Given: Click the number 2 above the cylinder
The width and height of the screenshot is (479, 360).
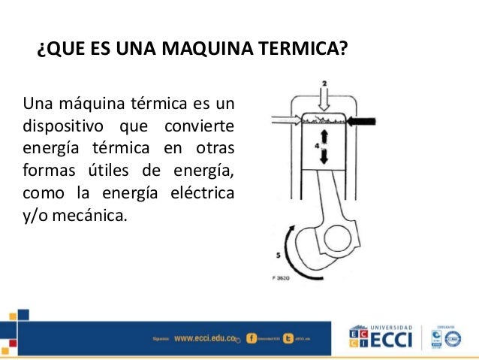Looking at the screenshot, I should click(x=324, y=81).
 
